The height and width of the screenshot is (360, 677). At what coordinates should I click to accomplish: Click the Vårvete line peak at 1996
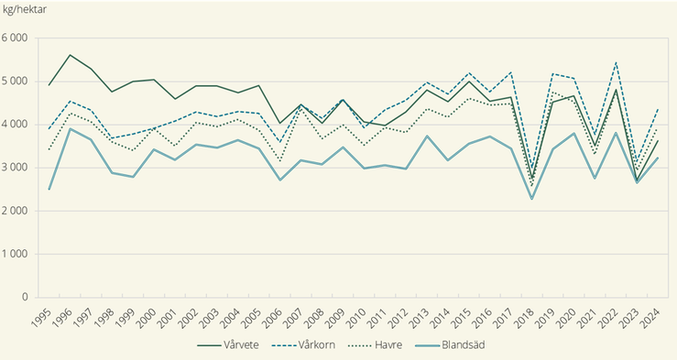pos(71,55)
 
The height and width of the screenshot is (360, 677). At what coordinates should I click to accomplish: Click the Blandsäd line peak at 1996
pos(71,129)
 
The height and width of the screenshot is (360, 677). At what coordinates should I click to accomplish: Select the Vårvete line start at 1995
pos(49,85)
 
